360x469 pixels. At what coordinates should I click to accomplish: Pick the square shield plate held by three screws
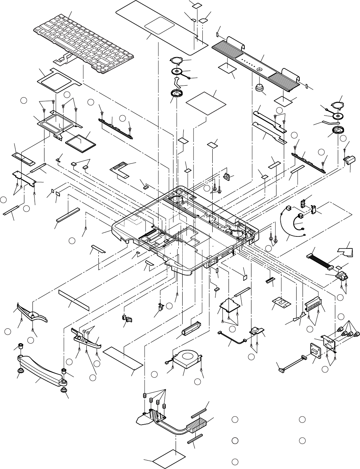(229, 305)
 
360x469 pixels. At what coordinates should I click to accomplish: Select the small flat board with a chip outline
(282, 302)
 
